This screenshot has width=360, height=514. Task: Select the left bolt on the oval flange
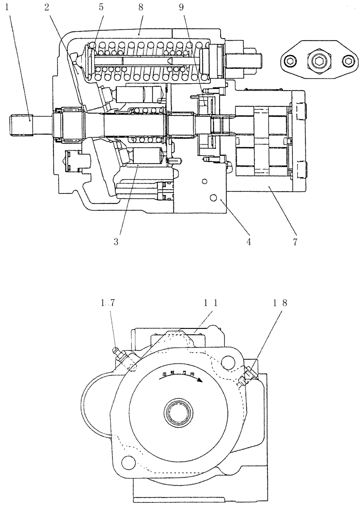click(290, 62)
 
